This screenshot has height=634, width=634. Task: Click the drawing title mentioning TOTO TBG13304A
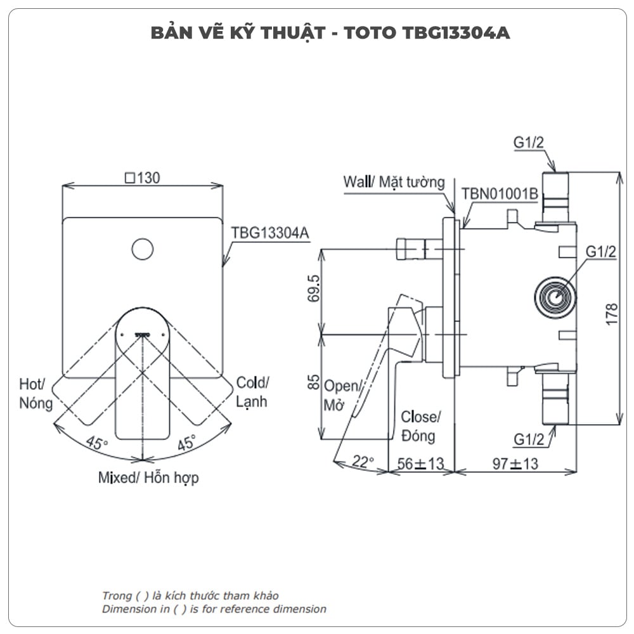[x=330, y=33]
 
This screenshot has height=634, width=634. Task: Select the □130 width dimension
[x=142, y=178]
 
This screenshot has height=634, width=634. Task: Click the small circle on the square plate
[x=143, y=249]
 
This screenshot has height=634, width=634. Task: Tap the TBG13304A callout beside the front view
[x=269, y=233]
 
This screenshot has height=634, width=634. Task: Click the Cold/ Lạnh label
[x=252, y=392]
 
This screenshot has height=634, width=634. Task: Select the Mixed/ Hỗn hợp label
[x=148, y=477]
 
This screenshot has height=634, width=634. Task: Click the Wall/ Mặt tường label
[x=394, y=182]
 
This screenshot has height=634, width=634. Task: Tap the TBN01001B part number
[x=500, y=193]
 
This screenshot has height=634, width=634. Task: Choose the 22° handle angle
[x=363, y=462]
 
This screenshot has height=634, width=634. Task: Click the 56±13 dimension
[x=421, y=463]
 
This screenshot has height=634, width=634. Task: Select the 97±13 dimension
[x=515, y=463]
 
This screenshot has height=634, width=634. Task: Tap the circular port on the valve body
[x=555, y=296]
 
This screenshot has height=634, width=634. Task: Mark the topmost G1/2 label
[x=529, y=143]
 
